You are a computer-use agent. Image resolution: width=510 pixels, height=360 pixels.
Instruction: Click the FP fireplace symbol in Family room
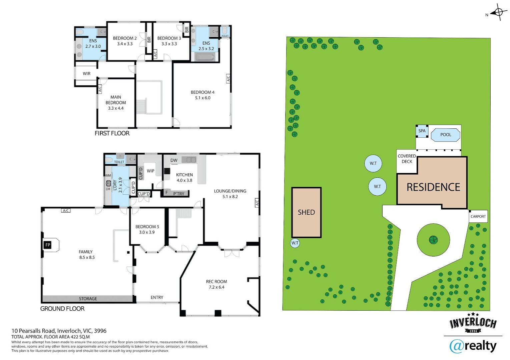point(48,245)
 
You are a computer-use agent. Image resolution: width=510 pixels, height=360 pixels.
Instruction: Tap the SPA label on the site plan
point(422,131)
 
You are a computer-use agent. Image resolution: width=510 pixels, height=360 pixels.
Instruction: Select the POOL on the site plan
point(446,135)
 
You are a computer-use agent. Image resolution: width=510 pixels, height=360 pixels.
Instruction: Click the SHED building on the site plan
point(307,212)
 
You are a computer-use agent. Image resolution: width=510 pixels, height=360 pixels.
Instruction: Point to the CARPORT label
point(478,216)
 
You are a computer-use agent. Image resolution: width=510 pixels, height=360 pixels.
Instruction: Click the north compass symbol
point(498,12)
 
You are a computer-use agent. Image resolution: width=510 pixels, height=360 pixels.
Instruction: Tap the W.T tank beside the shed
point(295,243)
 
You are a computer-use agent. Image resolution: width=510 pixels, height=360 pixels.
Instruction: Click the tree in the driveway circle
point(433,240)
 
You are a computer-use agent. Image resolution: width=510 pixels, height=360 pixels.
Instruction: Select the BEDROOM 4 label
point(203,92)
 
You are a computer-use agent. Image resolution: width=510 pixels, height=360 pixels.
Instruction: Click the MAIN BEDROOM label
point(116,100)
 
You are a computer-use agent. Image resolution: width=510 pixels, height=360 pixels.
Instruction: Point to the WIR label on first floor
point(86,74)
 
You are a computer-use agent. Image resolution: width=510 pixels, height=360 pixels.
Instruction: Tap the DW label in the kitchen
point(174,160)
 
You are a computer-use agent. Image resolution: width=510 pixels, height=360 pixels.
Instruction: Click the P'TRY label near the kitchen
point(179,194)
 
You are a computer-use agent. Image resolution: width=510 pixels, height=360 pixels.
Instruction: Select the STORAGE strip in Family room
point(88,299)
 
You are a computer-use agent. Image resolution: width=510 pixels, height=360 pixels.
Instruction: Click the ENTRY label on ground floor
point(157,297)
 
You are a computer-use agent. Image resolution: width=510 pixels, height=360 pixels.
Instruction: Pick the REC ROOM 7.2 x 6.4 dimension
point(216,287)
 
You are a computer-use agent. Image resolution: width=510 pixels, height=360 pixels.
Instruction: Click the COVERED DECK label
point(407,159)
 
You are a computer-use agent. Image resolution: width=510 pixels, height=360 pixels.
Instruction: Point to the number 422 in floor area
point(70,337)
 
